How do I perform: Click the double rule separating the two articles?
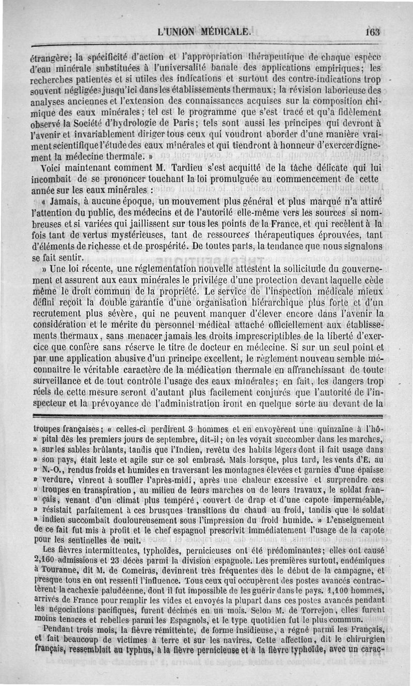click(206, 415)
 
